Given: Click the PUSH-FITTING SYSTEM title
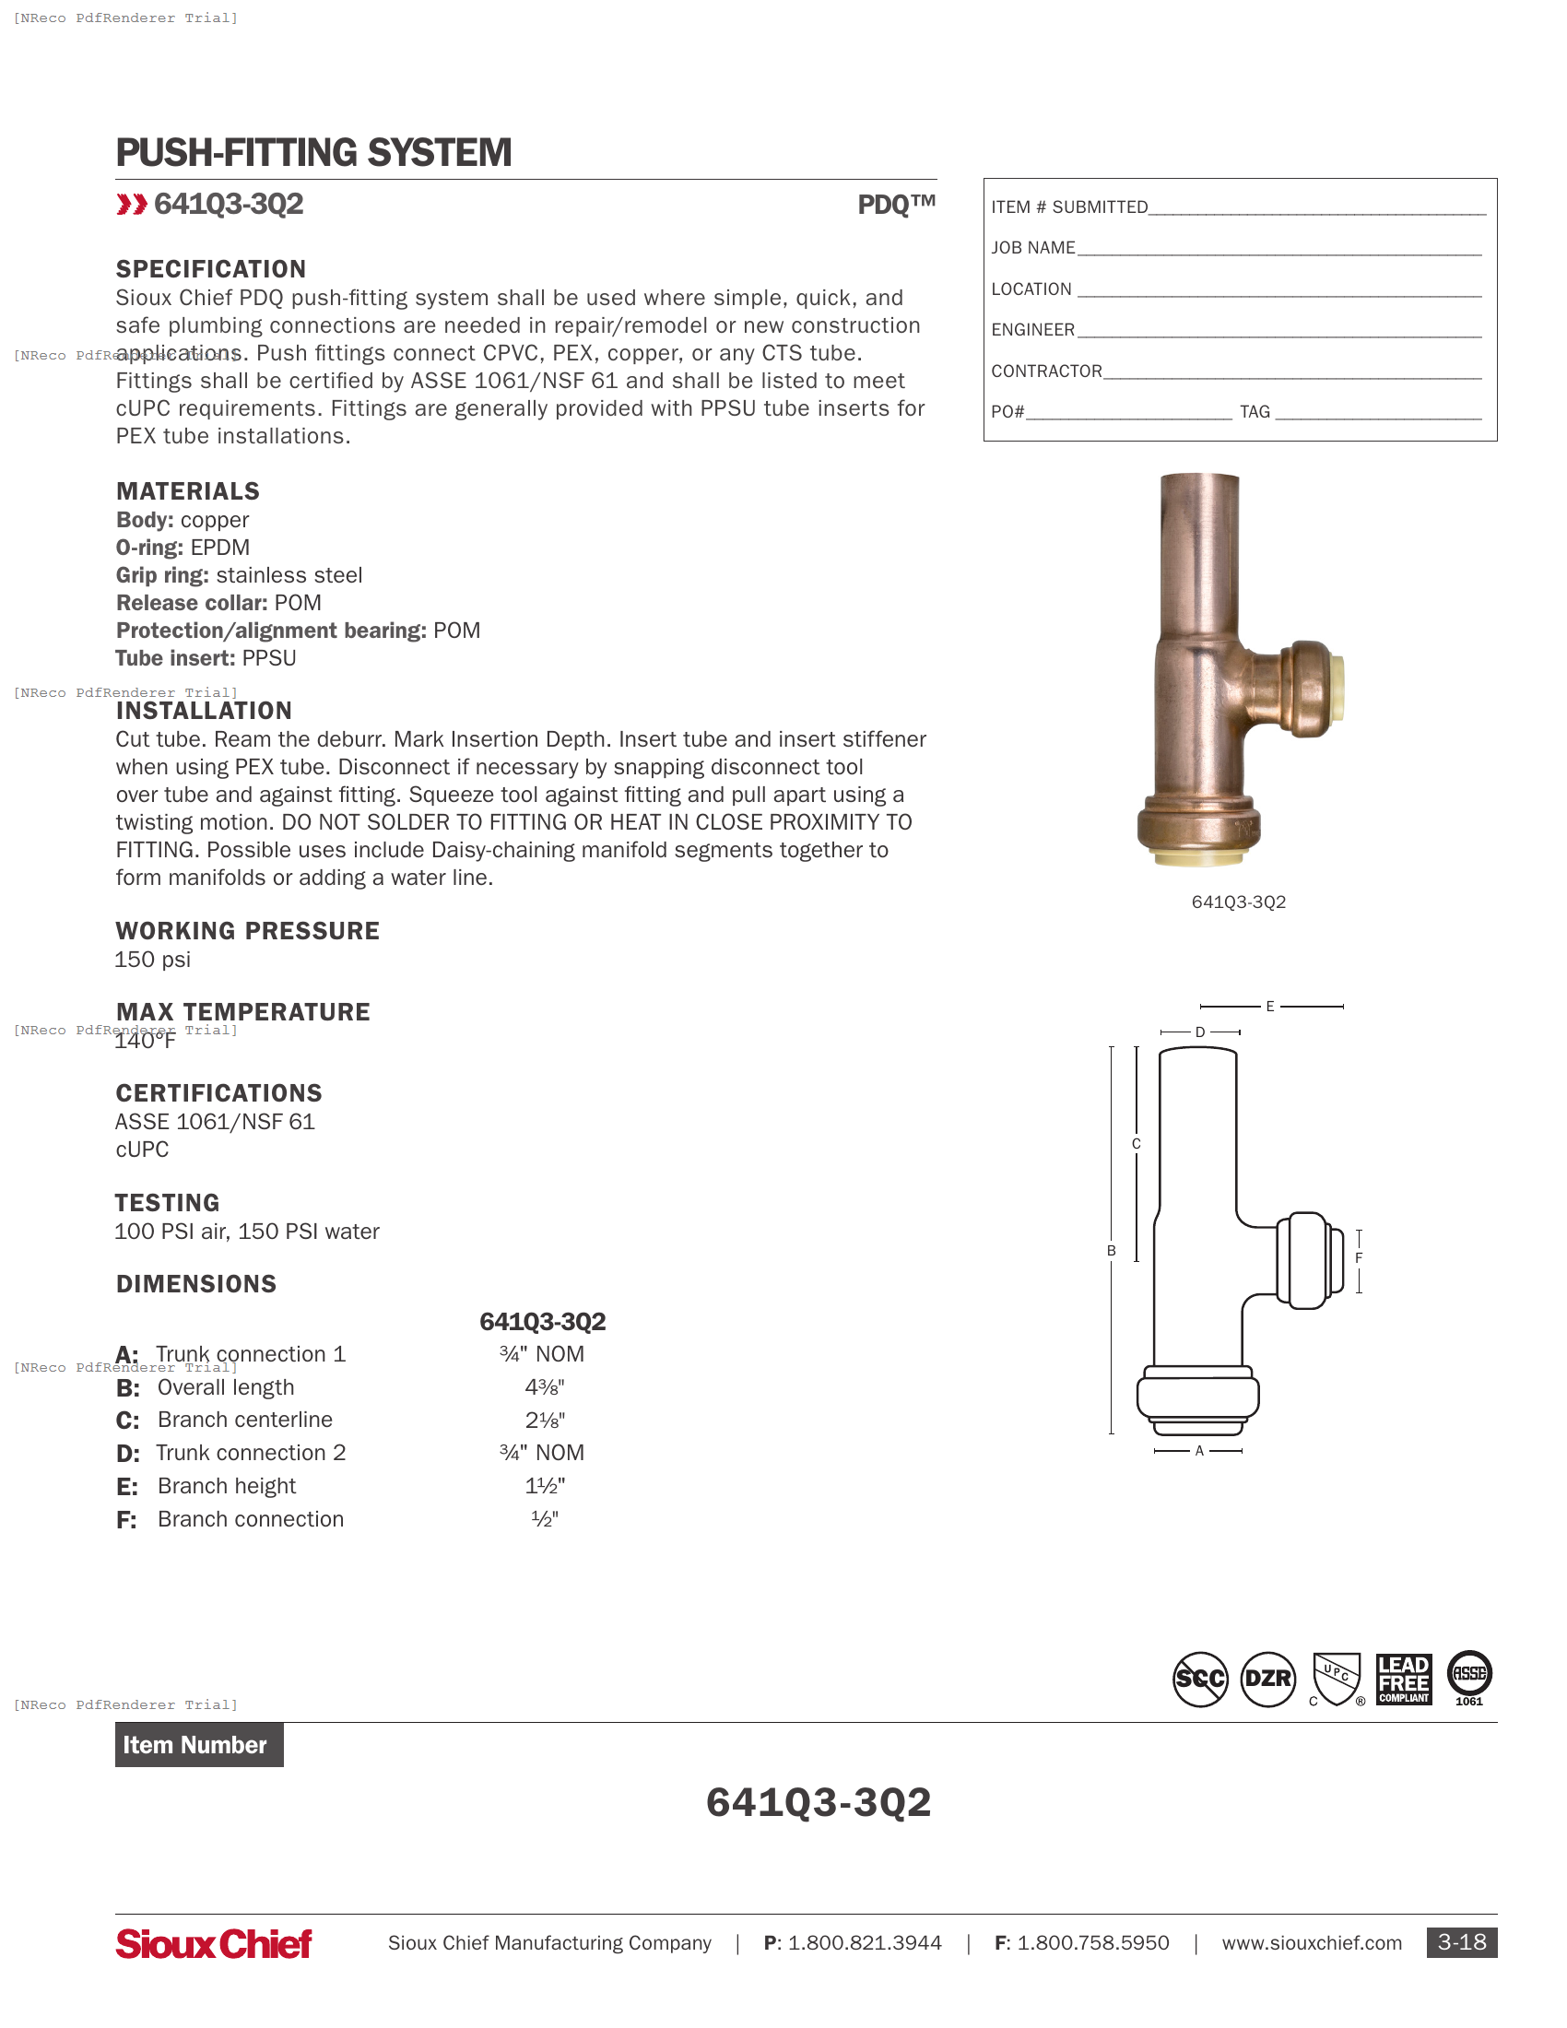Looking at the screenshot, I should (312, 153).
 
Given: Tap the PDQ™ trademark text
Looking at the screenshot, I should (896, 205).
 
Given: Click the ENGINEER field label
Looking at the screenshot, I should (1032, 330).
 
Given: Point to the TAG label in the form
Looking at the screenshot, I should (1255, 411).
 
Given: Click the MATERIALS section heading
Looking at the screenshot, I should (187, 491).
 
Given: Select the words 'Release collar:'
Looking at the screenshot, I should (191, 603).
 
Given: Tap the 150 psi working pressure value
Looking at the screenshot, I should (152, 960).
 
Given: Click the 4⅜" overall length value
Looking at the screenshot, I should (545, 1387).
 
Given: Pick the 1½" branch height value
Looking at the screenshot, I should (545, 1486).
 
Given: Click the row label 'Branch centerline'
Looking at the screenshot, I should (244, 1420).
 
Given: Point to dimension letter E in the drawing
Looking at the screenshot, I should (1270, 1006).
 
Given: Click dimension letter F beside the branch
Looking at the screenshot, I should (1358, 1258).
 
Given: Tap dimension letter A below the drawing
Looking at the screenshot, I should (1198, 1450).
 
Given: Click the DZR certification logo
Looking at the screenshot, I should (1267, 1679).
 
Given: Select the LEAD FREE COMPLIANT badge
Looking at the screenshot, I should (1403, 1679).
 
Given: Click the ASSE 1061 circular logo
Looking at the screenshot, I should (1468, 1677).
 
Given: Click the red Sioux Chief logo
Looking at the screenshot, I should (214, 1942).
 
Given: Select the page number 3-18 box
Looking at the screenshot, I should (1461, 1941).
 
